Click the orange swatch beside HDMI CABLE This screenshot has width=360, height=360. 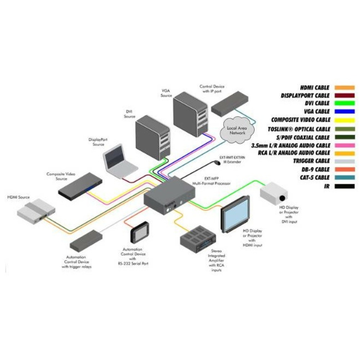(x=344, y=87)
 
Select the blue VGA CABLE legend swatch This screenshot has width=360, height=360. (x=344, y=112)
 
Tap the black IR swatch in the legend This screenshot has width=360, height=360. (x=344, y=186)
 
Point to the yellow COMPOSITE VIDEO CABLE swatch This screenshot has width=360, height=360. (x=344, y=120)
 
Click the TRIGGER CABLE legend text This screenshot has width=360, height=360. (x=312, y=161)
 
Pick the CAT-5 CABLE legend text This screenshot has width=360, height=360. (x=314, y=177)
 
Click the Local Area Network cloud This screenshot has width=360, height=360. (x=236, y=130)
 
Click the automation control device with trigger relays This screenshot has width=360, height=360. (x=86, y=240)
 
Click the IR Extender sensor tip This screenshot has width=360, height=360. (x=217, y=163)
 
